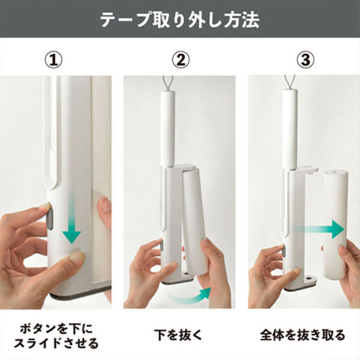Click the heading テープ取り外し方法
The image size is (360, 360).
(x=180, y=20)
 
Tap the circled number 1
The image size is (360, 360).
(x=53, y=59)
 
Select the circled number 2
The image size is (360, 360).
(x=181, y=59)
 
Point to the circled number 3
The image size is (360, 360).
(x=305, y=59)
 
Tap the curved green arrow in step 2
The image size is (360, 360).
(x=191, y=296)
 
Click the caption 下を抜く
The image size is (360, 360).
(x=178, y=335)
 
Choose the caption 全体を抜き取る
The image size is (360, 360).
(x=302, y=335)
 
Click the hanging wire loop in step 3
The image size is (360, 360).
(x=290, y=83)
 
